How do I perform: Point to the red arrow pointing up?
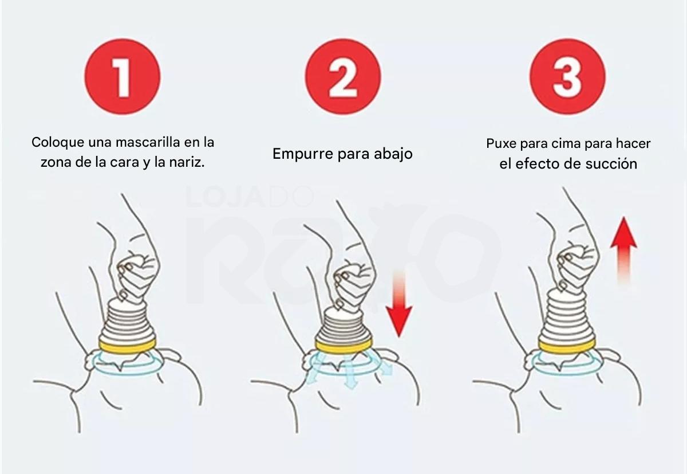click(623, 251)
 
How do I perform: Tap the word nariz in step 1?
click(189, 162)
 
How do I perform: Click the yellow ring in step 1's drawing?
click(127, 343)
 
